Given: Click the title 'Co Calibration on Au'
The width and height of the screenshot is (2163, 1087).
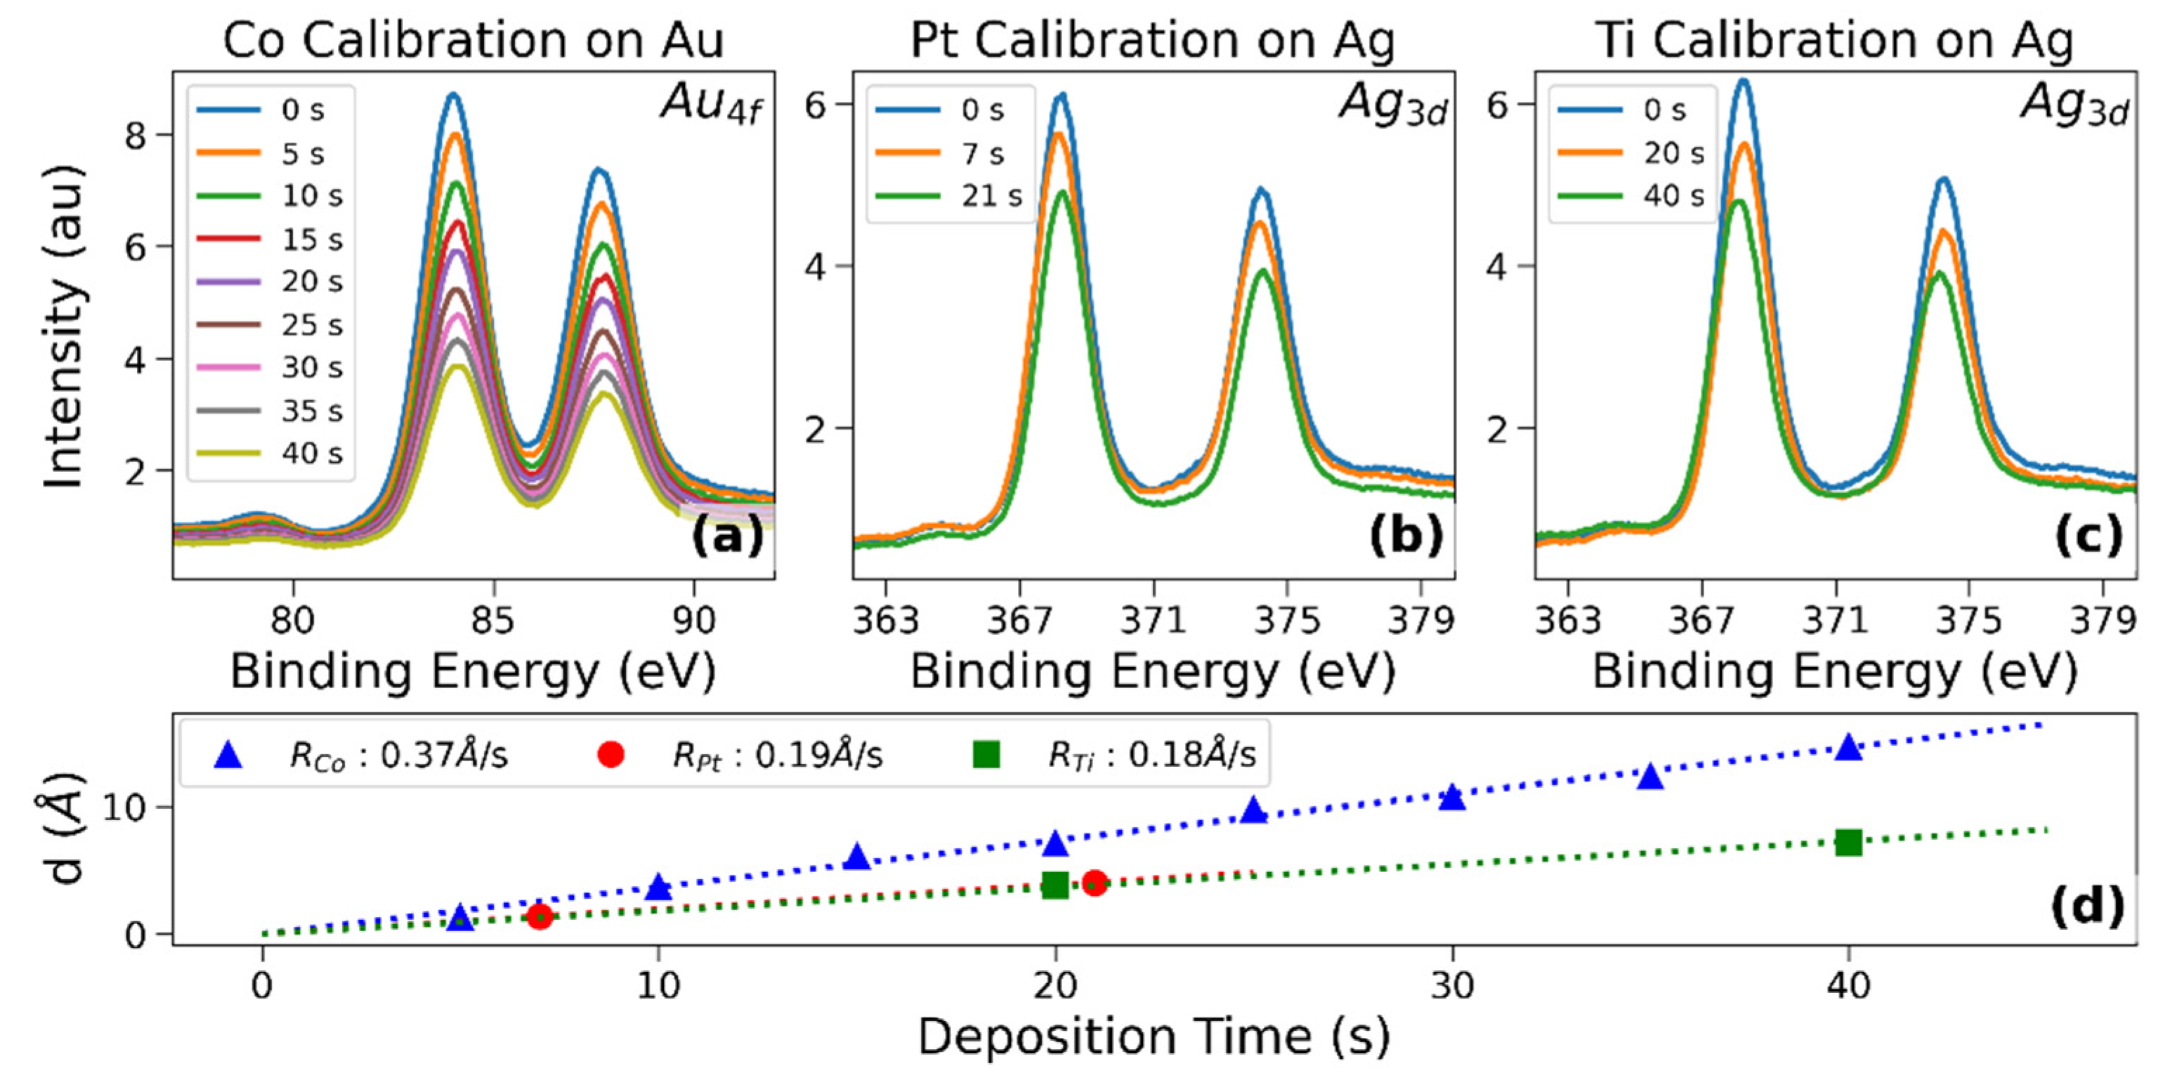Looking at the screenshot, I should coord(473,39).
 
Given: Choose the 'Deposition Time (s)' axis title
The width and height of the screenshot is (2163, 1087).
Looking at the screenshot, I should coord(1153,1036).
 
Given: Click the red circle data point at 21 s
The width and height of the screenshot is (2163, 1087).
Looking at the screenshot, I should coord(1094,882).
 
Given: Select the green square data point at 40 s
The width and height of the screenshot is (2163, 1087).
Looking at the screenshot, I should coord(1848,842).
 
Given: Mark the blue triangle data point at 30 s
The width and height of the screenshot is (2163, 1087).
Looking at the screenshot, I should coord(1452,798).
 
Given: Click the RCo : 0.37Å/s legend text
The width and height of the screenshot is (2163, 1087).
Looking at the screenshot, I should coord(399,756).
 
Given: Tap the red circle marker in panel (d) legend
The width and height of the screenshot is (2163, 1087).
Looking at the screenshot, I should coord(610,755).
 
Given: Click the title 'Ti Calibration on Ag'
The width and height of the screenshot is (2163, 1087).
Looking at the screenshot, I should coord(1835,39).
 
